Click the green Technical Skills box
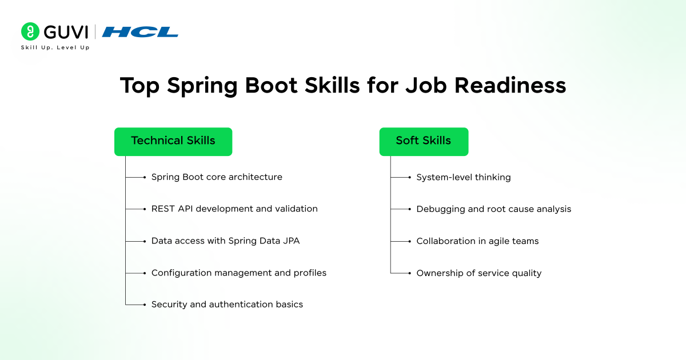[173, 141]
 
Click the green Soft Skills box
[424, 141]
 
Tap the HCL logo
[140, 32]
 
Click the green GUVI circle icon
[30, 31]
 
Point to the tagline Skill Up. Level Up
[55, 47]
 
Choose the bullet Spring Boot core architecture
[217, 177]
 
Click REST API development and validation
[234, 209]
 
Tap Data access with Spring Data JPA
[225, 241]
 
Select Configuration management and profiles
[238, 273]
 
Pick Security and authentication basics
[227, 305]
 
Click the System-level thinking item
[463, 177]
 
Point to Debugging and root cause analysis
[493, 209]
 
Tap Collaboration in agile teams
[477, 241]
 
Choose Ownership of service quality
[478, 273]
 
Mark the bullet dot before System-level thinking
[409, 178]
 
